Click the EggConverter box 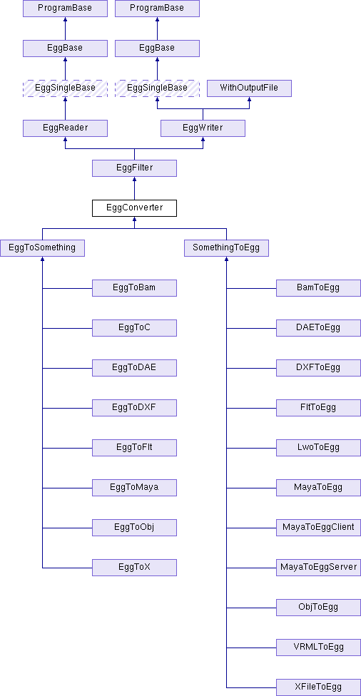pos(134,208)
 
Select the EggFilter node pos(134,168)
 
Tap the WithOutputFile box pos(249,88)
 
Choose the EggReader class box pos(65,128)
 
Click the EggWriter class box pos(203,128)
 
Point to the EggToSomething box pos(42,247)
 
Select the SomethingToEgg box pos(226,247)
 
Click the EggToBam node pos(134,287)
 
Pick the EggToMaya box pos(134,487)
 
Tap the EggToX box pos(134,567)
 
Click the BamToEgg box pos(318,287)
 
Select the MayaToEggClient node pos(318,527)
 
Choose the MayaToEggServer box pos(318,567)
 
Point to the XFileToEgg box pos(318,687)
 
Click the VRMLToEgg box pos(318,648)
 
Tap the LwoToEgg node pos(318,447)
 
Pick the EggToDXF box pos(134,407)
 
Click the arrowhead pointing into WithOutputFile pos(249,99)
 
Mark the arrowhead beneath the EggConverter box pos(134,219)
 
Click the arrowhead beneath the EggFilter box pos(134,179)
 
